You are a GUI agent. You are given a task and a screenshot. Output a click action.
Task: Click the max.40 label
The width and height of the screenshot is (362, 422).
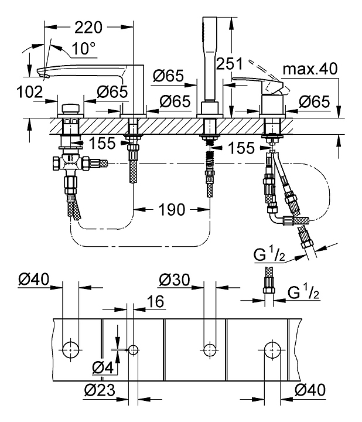pos(310,69)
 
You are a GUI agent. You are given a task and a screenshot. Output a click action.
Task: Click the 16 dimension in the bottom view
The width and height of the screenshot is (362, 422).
pos(155,301)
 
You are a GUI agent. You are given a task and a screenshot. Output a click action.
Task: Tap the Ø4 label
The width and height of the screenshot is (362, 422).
pos(102,368)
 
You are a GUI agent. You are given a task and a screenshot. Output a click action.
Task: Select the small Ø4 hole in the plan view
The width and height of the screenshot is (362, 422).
pos(133,349)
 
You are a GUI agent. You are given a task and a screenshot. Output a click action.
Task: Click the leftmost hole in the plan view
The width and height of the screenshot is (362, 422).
pos(71,349)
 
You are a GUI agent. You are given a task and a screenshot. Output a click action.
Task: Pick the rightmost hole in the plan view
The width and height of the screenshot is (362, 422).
pos(271,349)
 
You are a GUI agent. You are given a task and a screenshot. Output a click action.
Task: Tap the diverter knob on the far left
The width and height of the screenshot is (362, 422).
pos(71,109)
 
